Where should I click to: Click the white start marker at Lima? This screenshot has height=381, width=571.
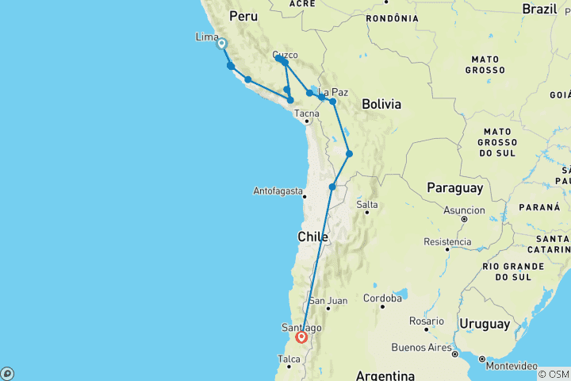click(222, 44)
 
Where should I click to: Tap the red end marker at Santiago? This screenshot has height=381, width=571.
click(302, 337)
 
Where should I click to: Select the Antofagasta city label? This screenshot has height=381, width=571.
click(278, 191)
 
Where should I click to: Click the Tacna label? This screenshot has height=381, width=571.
click(306, 113)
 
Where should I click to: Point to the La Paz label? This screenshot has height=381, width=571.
click(334, 92)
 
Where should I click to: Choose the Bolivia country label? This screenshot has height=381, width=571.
click(381, 104)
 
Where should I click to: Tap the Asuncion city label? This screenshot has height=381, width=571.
click(465, 210)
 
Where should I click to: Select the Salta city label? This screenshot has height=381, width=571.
click(367, 205)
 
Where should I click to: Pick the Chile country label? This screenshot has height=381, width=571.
click(312, 237)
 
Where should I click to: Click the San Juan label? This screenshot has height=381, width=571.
click(328, 301)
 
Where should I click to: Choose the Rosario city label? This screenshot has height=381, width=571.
click(427, 321)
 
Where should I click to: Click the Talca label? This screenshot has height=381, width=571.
click(289, 359)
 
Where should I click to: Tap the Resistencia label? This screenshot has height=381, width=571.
click(448, 241)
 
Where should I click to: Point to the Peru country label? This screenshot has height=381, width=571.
click(243, 16)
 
